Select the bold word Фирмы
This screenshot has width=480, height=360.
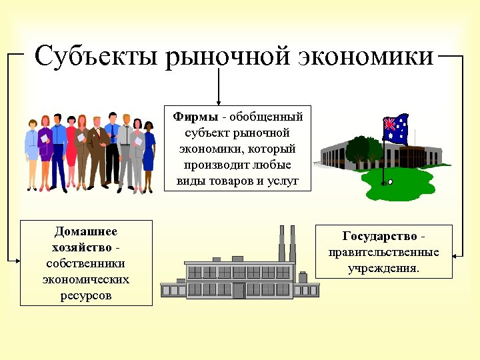pos(195,117)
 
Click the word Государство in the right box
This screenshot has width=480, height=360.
pos(380,237)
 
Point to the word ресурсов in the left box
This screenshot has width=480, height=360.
pos(86,295)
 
